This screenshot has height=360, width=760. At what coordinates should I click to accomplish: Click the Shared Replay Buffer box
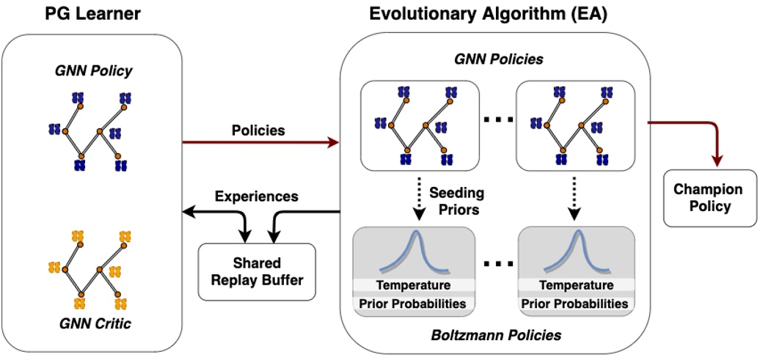click(257, 271)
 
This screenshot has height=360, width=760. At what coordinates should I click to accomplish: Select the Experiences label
click(257, 196)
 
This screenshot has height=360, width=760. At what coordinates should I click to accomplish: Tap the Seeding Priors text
click(457, 201)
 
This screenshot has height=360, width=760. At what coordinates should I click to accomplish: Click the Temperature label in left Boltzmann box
click(414, 285)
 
